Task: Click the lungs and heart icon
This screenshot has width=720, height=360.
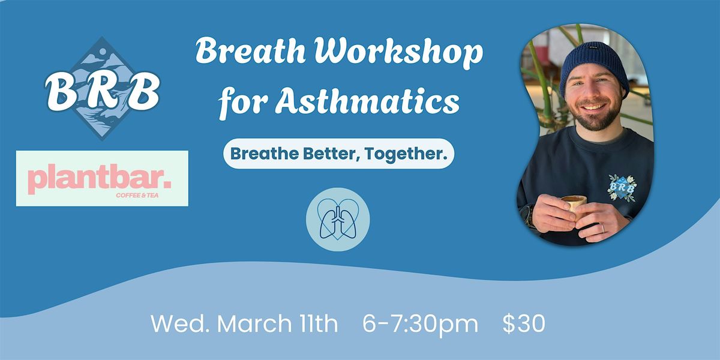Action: [x=338, y=220]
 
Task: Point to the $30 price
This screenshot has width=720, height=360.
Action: [x=524, y=323]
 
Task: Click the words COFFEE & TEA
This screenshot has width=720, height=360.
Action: [x=137, y=195]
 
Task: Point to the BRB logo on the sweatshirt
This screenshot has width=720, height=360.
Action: [x=622, y=188]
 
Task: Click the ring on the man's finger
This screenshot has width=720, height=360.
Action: [x=602, y=228]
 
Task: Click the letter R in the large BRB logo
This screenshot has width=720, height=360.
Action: [x=103, y=91]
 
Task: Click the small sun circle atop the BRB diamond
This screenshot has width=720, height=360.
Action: [x=102, y=52]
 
